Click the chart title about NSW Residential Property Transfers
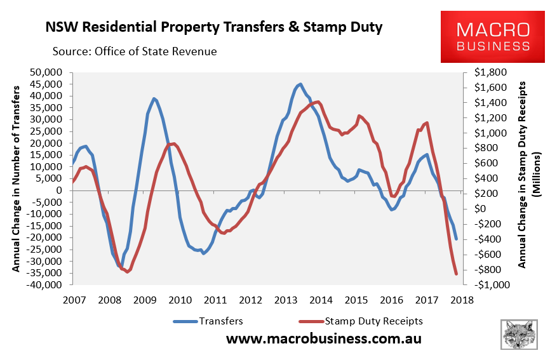214,29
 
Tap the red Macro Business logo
493,36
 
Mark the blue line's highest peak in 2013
300,84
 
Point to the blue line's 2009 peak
154,98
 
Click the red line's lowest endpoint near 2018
457,274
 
